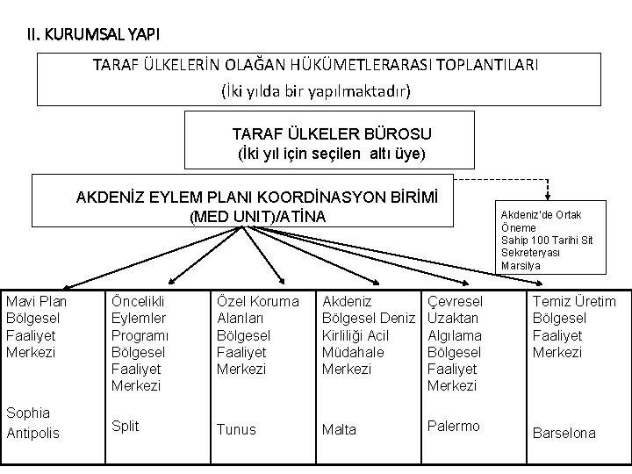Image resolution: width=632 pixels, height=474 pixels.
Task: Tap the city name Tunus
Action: [x=236, y=429]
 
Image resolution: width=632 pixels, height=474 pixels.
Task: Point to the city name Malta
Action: [x=340, y=429]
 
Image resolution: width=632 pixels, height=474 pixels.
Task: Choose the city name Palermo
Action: [x=453, y=426]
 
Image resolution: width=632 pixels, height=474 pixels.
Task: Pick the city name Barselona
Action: [x=564, y=433]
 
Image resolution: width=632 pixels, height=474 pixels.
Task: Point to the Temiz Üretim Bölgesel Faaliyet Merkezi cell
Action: [x=575, y=327]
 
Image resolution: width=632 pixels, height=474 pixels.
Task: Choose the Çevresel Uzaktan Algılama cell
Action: [x=455, y=343]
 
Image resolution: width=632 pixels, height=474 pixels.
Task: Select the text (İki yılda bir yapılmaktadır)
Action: [x=316, y=90]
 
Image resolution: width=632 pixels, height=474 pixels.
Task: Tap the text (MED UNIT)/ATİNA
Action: [x=257, y=217]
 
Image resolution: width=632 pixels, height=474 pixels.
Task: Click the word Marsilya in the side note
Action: [x=521, y=265]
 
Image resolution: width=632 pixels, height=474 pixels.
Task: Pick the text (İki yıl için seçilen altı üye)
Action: [x=332, y=154]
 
